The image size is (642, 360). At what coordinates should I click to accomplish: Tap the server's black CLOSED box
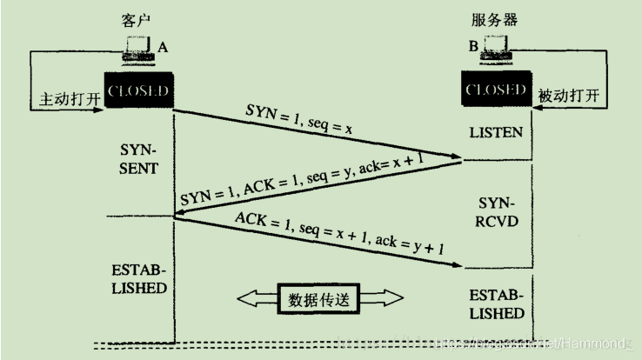[496, 90]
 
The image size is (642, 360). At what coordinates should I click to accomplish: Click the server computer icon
[496, 54]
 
